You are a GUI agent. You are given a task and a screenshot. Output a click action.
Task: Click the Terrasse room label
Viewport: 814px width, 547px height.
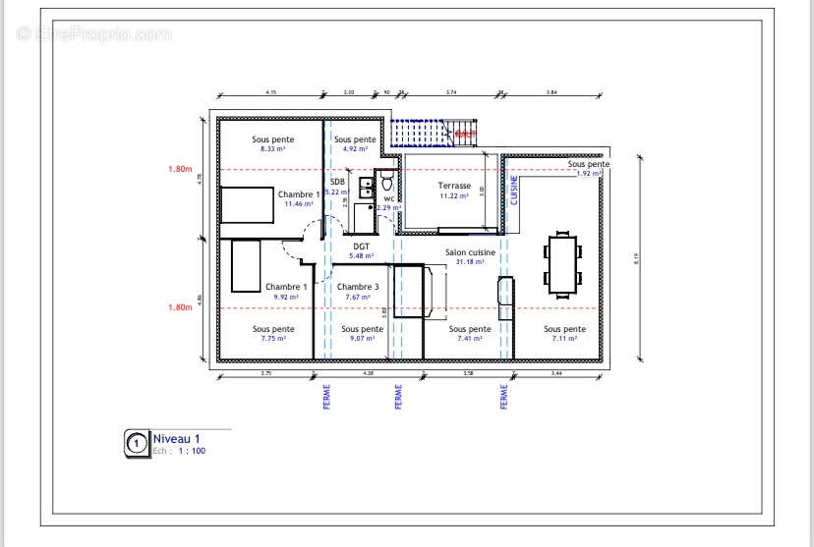454,186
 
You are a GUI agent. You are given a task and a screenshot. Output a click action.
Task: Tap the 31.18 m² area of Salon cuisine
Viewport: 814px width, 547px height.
470,261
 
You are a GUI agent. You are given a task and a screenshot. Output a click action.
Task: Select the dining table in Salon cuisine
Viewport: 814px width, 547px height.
563,263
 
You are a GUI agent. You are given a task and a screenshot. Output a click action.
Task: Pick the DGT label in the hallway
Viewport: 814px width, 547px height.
362,246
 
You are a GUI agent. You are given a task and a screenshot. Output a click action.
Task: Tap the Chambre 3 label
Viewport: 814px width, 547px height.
358,287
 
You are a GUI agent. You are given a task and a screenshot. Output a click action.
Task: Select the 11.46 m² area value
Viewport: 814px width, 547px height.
298,204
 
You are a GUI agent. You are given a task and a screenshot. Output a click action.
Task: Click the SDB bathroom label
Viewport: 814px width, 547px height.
337,182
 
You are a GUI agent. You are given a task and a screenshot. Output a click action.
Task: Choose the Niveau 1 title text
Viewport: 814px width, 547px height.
177,439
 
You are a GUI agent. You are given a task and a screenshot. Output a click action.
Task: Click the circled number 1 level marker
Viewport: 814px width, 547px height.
136,444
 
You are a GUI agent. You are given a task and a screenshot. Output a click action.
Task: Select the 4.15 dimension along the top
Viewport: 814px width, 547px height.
270,92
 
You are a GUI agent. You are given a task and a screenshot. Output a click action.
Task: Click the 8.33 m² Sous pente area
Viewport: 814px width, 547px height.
272,149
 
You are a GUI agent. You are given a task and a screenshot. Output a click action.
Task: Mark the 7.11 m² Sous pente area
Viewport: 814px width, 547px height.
564,339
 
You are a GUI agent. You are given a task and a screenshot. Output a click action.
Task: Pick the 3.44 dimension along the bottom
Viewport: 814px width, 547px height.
555,374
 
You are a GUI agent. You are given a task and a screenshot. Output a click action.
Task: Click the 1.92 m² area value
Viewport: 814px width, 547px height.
588,174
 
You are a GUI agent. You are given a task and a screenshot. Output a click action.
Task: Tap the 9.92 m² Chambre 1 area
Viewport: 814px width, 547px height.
285,296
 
